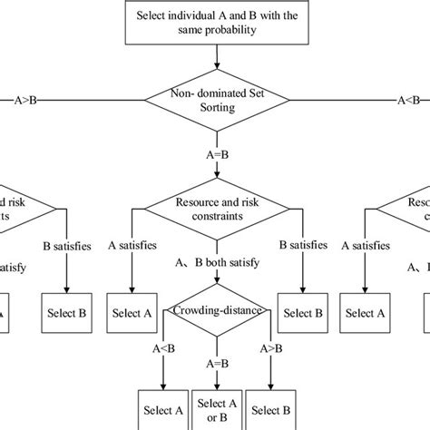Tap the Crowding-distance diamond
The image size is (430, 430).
(215, 311)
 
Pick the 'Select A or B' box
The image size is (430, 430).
(216, 409)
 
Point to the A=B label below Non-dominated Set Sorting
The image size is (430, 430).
(215, 154)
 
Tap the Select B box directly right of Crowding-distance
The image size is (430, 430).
(300, 314)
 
